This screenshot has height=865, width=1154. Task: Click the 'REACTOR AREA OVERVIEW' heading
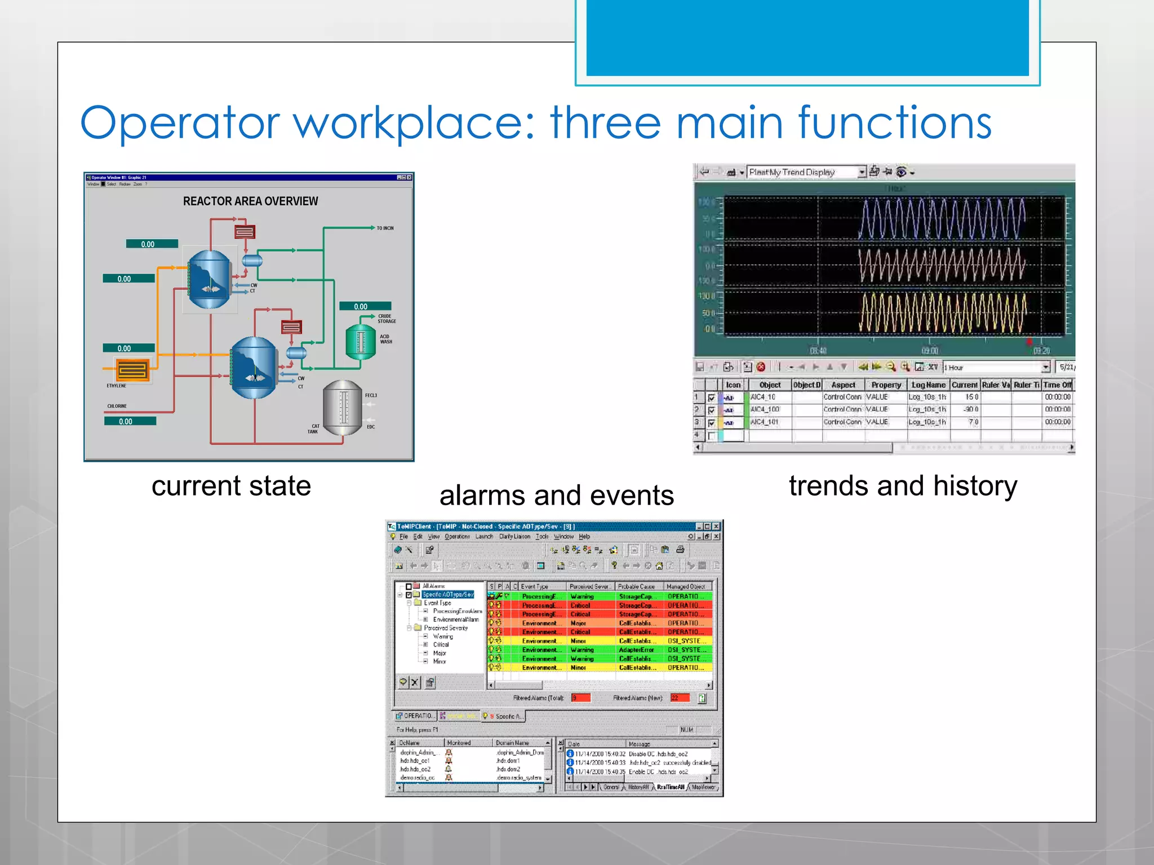[250, 201]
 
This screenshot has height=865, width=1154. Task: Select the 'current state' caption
[231, 485]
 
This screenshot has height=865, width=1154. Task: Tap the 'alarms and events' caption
[556, 495]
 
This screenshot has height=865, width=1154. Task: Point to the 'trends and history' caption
[903, 485]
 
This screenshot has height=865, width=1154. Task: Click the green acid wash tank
[361, 341]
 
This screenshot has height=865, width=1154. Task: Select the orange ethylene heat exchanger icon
[133, 371]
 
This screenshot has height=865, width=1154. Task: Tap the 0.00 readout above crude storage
[361, 306]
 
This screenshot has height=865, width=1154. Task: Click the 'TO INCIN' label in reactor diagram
[385, 228]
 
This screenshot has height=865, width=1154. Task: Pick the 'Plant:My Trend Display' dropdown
[805, 172]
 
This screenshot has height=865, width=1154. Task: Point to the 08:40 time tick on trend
[818, 351]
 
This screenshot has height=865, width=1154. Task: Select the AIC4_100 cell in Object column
[765, 409]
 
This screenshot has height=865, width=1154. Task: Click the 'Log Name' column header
[928, 385]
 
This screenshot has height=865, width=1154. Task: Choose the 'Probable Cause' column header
[636, 586]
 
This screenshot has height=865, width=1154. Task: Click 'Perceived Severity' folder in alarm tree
[445, 628]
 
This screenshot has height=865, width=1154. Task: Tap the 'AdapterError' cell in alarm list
[636, 649]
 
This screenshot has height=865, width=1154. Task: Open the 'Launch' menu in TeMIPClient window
[483, 536]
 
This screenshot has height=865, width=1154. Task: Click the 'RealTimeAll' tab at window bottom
[670, 787]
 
